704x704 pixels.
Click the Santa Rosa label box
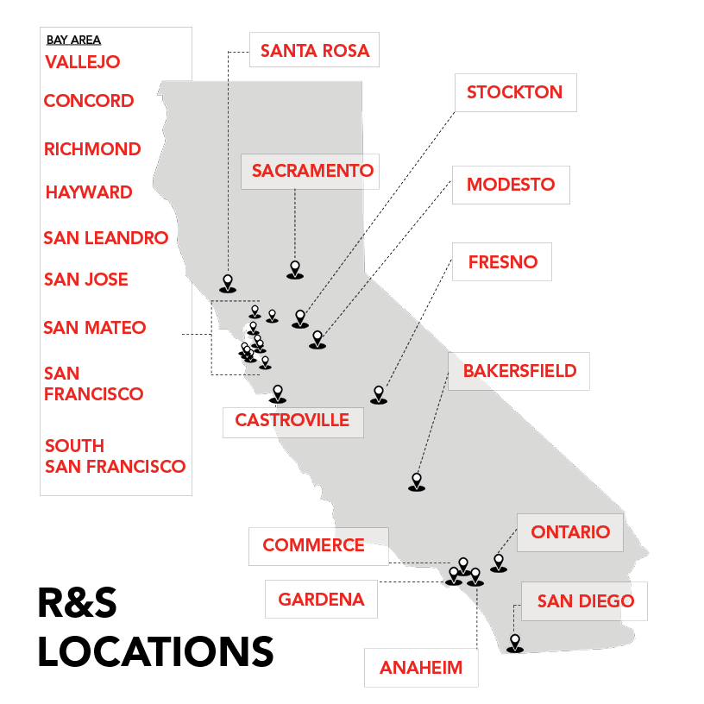coord(314,51)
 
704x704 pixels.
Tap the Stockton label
coord(514,92)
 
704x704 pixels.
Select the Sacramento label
coord(312,171)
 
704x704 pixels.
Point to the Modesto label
coord(511,185)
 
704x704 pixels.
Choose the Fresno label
coord(502,261)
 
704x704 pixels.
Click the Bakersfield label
coord(519,371)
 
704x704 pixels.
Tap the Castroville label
coord(292,421)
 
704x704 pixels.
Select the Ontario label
coord(570,531)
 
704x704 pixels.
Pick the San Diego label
coord(585,601)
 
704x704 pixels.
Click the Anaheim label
coord(421,668)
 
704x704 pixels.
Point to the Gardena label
coord(321,599)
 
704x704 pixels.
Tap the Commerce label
coord(313,545)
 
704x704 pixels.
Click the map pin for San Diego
coord(515,643)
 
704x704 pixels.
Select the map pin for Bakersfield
coord(417,481)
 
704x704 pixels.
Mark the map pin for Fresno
coord(378,394)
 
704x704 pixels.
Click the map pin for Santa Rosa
coord(228,282)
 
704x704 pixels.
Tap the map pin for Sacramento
coord(295,269)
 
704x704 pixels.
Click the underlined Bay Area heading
coord(73,40)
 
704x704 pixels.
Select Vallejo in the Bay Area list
coord(82,62)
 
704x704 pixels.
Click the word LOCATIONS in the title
coord(155,652)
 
